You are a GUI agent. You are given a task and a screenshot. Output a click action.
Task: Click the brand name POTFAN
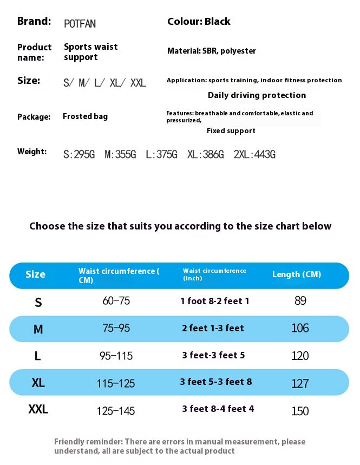pyautogui.click(x=80, y=24)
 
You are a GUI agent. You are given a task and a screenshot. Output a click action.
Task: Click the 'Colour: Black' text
pyautogui.click(x=199, y=22)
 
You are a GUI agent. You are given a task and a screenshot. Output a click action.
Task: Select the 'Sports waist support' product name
pyautogui.click(x=90, y=52)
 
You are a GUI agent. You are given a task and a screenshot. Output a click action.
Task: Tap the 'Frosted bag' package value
pyautogui.click(x=85, y=116)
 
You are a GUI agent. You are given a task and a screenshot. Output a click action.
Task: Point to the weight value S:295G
pyautogui.click(x=79, y=155)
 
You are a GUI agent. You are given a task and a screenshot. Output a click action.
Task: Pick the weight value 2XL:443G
pyautogui.click(x=254, y=155)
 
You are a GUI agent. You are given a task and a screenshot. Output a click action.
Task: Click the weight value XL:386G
pyautogui.click(x=205, y=155)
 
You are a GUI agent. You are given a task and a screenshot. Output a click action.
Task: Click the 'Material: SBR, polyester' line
pyautogui.click(x=212, y=51)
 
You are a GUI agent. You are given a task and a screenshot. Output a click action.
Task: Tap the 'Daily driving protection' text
pyautogui.click(x=257, y=95)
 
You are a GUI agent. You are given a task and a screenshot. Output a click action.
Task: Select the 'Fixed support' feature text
pyautogui.click(x=231, y=130)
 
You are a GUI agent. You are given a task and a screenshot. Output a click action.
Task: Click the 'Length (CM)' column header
pyautogui.click(x=296, y=274)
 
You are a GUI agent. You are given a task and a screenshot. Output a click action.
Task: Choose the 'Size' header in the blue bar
pyautogui.click(x=35, y=274)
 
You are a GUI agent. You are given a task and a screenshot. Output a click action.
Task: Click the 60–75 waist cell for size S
pyautogui.click(x=116, y=301)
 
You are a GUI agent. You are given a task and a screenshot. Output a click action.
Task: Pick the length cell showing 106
pyautogui.click(x=300, y=328)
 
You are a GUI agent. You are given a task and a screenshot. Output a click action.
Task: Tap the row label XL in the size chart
pyautogui.click(x=38, y=383)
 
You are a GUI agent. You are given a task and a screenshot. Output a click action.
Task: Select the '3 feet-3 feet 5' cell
pyautogui.click(x=213, y=355)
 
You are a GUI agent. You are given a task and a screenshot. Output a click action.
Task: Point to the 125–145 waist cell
pyautogui.click(x=116, y=411)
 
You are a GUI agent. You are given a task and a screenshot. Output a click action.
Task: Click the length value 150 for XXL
pyautogui.click(x=300, y=411)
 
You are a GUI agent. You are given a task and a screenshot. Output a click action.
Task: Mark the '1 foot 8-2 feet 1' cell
pyautogui.click(x=215, y=301)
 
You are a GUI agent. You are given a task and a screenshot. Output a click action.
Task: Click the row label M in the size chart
pyautogui.click(x=38, y=329)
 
